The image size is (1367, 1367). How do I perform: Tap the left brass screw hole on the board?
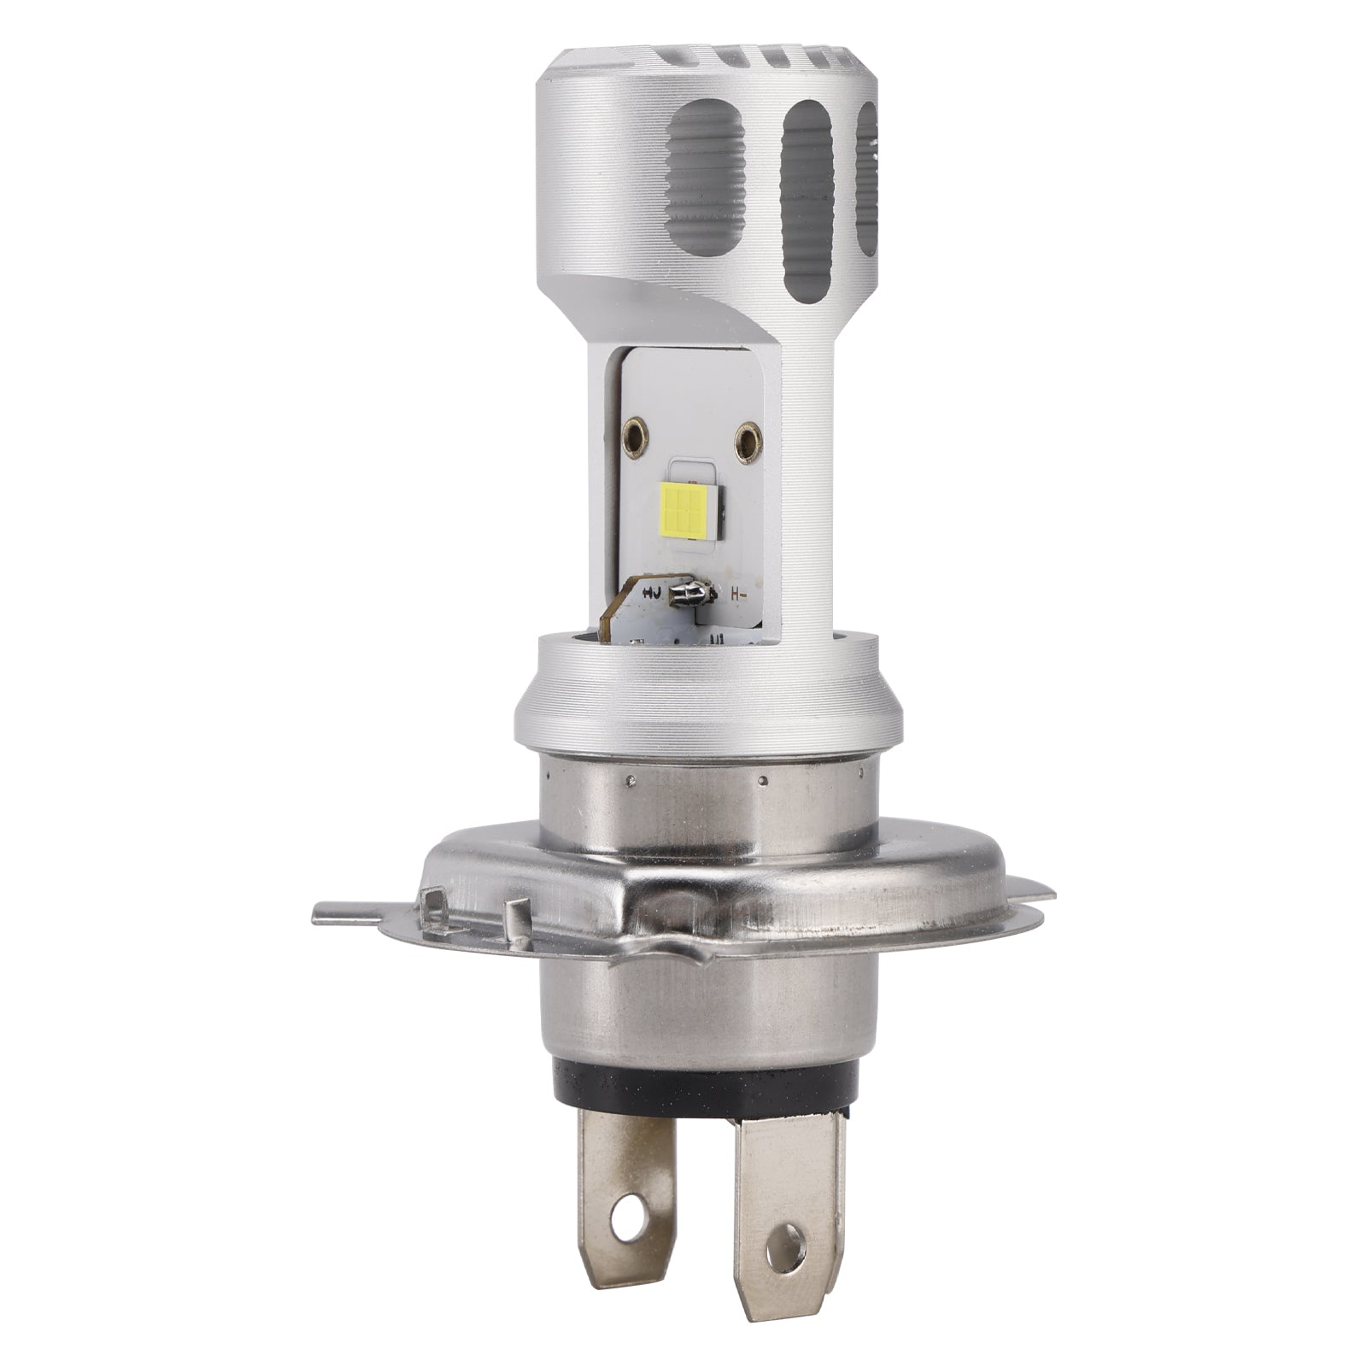tap(634, 427)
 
